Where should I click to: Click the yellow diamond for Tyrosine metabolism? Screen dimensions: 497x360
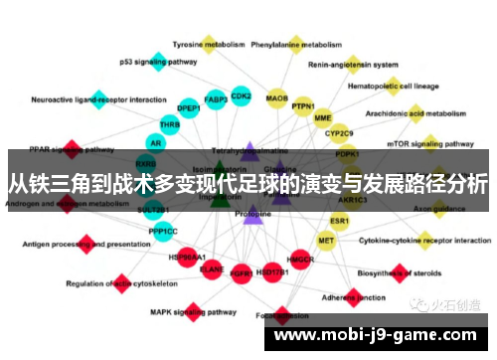[209, 43]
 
